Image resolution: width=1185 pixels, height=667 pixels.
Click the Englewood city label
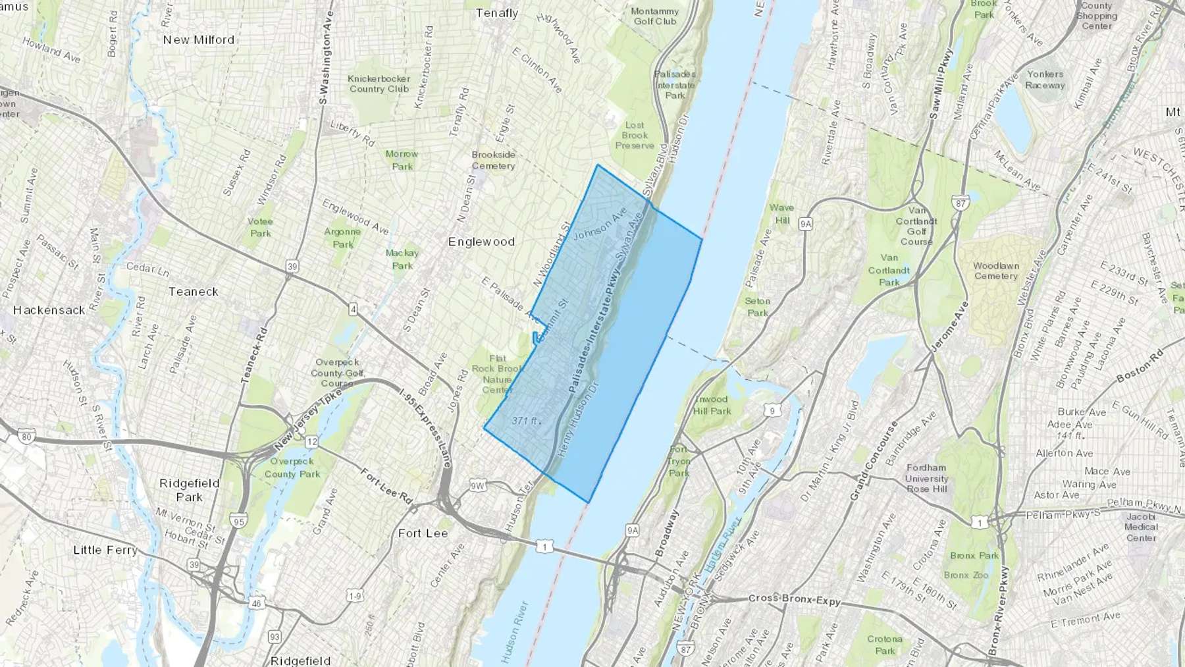pyautogui.click(x=481, y=242)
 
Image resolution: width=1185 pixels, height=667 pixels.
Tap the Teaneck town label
pyautogui.click(x=193, y=292)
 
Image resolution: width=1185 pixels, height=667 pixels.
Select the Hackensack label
pyautogui.click(x=49, y=310)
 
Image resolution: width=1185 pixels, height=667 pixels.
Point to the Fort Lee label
pyautogui.click(x=423, y=533)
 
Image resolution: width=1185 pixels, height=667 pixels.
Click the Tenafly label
pyautogui.click(x=497, y=13)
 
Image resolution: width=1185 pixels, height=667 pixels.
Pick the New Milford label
pyautogui.click(x=198, y=40)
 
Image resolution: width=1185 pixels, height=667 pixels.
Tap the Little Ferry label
pyautogui.click(x=105, y=550)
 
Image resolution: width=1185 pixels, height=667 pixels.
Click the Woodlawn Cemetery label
pyautogui.click(x=996, y=271)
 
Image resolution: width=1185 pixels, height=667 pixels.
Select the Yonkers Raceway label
pyautogui.click(x=1045, y=80)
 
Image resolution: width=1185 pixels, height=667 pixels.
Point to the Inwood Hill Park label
pyautogui.click(x=712, y=405)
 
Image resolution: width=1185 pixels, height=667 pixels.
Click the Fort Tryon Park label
pyautogui.click(x=679, y=461)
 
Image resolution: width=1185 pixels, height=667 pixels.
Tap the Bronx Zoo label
pyautogui.click(x=966, y=575)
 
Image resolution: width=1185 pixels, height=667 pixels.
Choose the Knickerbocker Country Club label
pyautogui.click(x=379, y=84)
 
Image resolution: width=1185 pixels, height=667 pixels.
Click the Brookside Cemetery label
pyautogui.click(x=493, y=160)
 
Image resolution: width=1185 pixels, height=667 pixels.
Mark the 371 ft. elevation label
pyautogui.click(x=525, y=420)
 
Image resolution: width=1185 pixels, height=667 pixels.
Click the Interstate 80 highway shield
pyautogui.click(x=26, y=436)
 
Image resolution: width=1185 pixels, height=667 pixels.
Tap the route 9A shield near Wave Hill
pyautogui.click(x=806, y=224)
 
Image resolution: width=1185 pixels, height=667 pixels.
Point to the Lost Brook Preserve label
pyautogui.click(x=635, y=135)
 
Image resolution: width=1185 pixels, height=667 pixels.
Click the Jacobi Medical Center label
pyautogui.click(x=1141, y=527)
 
